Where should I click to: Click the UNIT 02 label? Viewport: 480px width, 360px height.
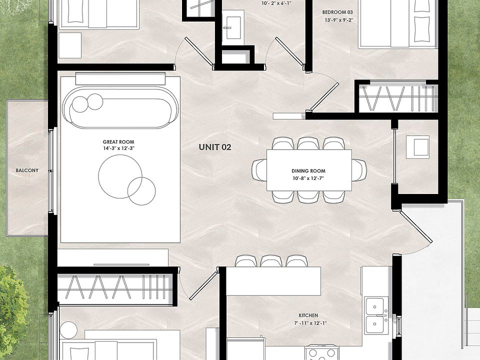click(x=215, y=147)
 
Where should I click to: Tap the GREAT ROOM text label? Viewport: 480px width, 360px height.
click(x=118, y=141)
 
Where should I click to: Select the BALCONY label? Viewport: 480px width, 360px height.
click(x=27, y=170)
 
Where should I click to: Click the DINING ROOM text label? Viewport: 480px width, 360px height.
click(x=308, y=171)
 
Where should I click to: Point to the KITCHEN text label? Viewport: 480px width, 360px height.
click(x=308, y=315)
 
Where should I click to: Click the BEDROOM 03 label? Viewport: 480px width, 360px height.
click(x=337, y=12)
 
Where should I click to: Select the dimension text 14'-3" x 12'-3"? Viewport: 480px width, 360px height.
click(x=118, y=148)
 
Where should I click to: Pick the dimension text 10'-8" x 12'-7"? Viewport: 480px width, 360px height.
click(x=308, y=177)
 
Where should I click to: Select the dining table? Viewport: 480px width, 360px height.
click(x=309, y=170)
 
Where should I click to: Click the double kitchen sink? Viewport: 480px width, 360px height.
click(x=377, y=315)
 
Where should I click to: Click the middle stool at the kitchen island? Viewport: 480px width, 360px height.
click(x=271, y=261)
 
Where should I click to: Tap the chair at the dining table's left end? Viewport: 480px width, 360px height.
click(x=259, y=170)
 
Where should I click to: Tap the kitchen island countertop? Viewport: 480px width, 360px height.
click(x=273, y=280)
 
